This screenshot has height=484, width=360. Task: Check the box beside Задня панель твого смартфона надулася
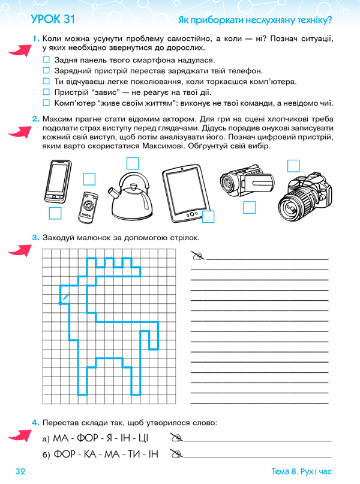pos(47,61)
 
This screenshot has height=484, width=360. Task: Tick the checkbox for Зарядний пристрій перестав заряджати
pos(47,71)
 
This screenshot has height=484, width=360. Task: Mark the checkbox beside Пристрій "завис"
pos(47,92)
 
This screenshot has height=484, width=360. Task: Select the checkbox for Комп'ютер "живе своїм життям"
pos(47,103)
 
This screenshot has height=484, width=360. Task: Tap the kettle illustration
pos(132,196)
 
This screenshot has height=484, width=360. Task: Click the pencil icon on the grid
pos(64,297)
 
